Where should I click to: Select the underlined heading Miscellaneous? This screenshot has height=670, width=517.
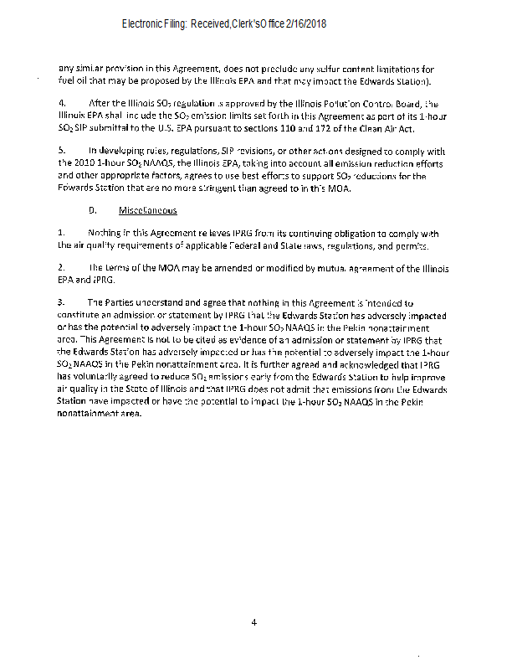coord(148,210)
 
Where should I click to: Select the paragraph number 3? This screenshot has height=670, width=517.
coord(60,301)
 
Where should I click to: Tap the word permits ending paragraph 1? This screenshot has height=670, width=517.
coord(412,246)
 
